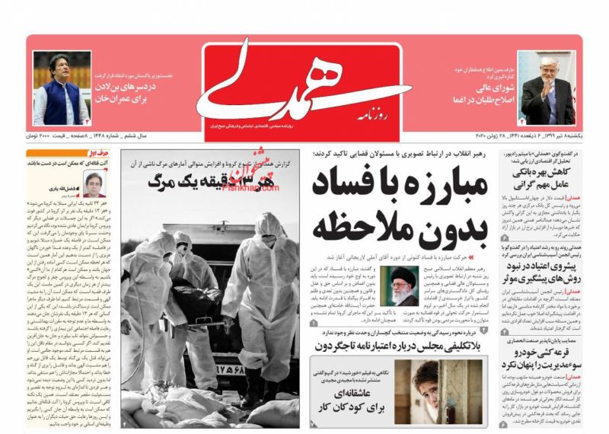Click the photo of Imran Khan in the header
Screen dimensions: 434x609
(61, 88)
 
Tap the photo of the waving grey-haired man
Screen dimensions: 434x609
(547, 88)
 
